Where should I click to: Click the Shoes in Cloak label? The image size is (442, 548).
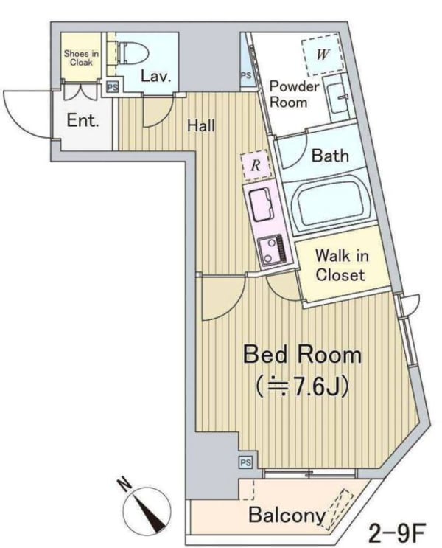(81, 58)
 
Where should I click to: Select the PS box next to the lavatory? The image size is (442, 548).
(113, 87)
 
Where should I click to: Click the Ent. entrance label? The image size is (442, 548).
(83, 120)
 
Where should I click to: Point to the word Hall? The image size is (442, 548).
(201, 126)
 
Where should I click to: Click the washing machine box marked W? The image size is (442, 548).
(321, 54)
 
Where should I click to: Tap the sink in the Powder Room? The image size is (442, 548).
(338, 99)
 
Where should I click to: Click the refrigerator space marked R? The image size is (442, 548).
(256, 165)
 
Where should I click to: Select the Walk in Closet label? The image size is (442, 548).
(341, 266)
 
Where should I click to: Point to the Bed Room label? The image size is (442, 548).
(302, 355)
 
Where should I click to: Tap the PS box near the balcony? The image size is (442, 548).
(246, 462)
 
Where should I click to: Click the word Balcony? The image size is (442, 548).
(287, 515)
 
